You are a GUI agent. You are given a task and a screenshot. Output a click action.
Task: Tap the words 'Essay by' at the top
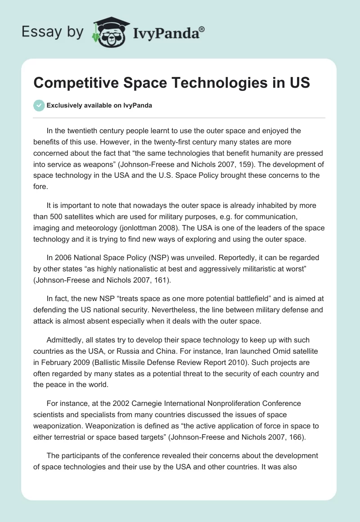53,32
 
